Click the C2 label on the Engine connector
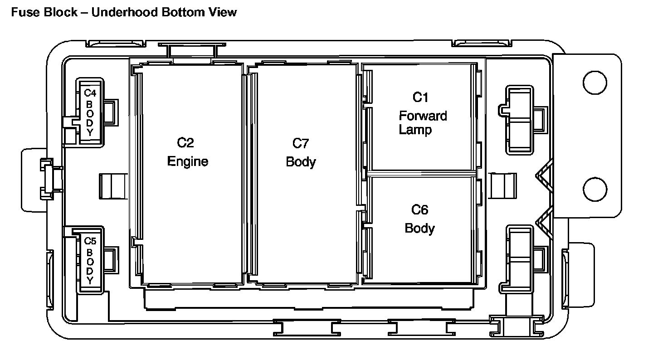coord(185,143)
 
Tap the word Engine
coord(188,161)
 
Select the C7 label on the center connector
coord(301,143)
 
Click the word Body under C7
coord(301,162)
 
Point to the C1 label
coord(420,97)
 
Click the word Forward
coord(423,116)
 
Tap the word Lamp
coord(415,130)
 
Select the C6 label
coord(419,210)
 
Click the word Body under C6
coord(419,228)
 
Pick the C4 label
coord(90,93)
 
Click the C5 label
coord(90,241)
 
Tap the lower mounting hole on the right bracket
coord(595,189)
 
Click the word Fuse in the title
coord(24,12)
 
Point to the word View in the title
coord(223,12)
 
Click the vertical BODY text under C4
coord(90,117)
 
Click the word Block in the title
coord(61,12)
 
